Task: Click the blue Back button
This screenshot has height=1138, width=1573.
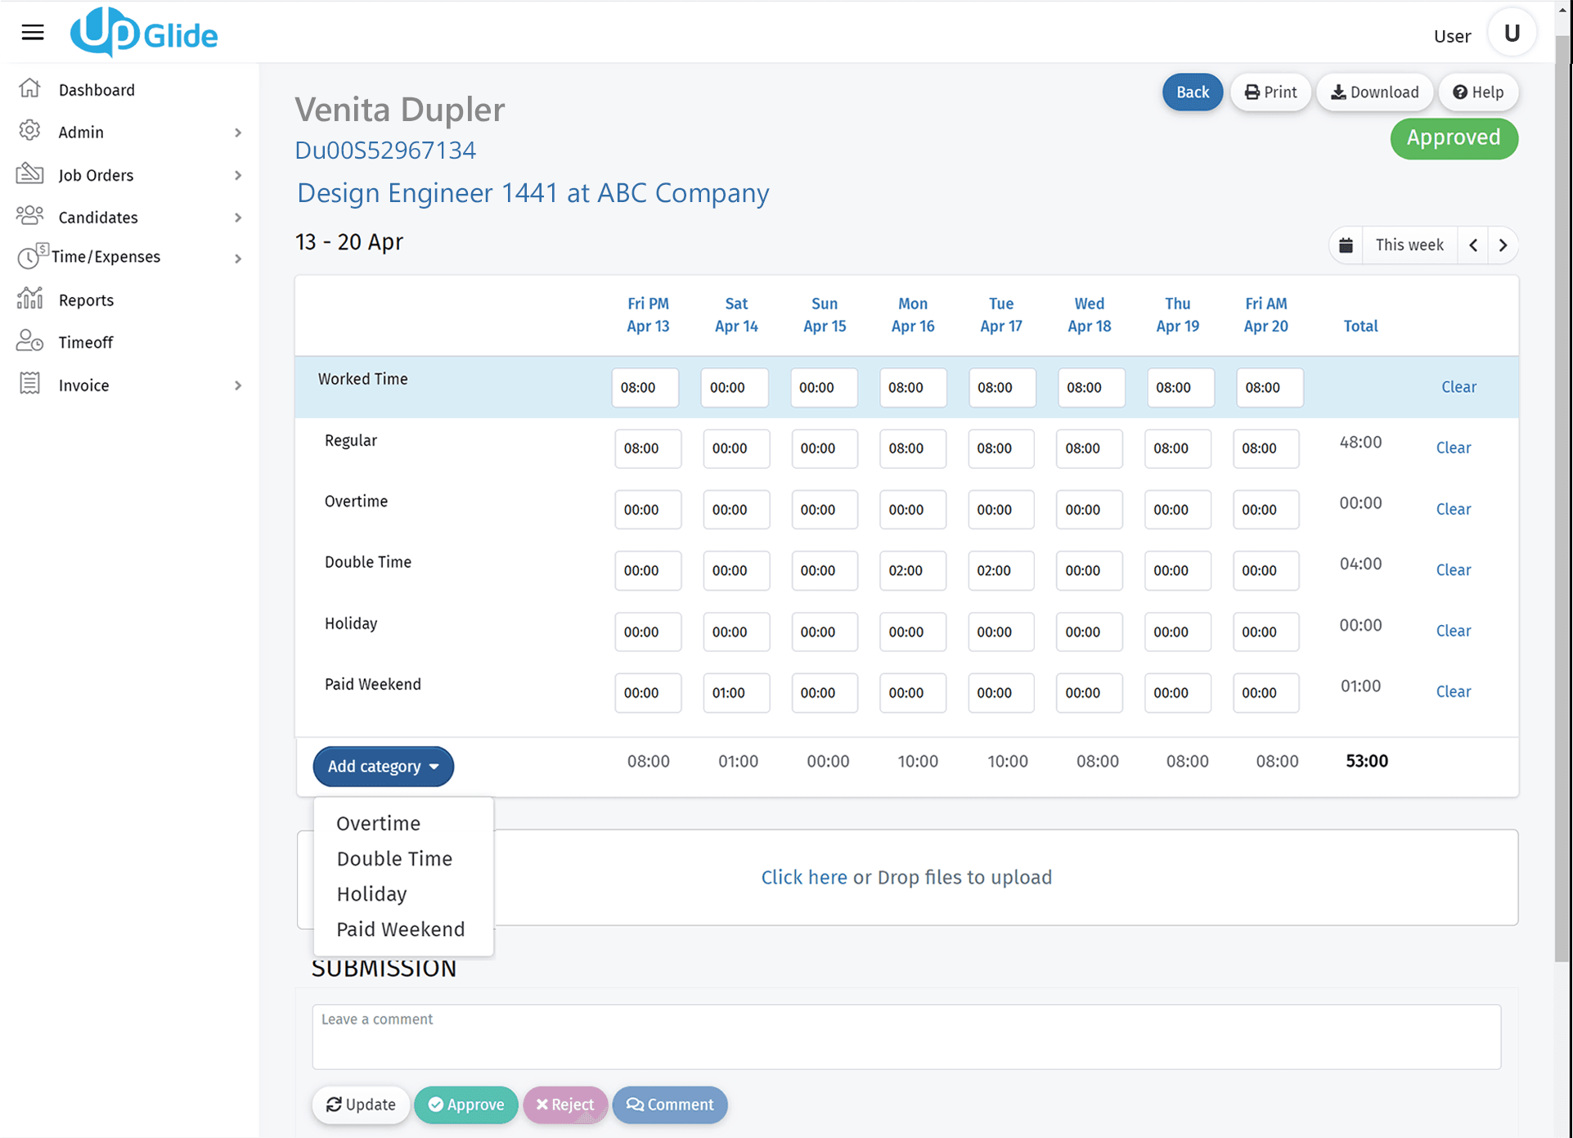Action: [1192, 92]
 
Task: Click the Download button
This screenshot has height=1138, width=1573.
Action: [1374, 92]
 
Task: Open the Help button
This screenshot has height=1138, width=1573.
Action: [1478, 92]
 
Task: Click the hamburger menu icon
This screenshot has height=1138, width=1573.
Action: [33, 33]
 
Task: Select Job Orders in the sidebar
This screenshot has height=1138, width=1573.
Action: [96, 175]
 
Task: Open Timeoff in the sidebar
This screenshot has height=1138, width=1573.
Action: [85, 342]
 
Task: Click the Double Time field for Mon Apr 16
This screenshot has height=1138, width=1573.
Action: [912, 570]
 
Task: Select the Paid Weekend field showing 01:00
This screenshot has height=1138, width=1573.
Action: [735, 693]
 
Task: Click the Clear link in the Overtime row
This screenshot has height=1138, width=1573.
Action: [1453, 509]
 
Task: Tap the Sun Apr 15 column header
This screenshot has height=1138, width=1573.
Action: [824, 315]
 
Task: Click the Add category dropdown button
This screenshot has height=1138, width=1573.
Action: [383, 767]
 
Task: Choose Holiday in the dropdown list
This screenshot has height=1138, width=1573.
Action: [371, 894]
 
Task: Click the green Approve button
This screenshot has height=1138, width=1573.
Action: [465, 1104]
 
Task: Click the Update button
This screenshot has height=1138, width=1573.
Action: [361, 1104]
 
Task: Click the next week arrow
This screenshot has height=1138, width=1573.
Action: [1503, 245]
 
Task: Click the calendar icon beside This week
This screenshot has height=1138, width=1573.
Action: [1346, 245]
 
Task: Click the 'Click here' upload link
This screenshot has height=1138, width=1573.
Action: [803, 877]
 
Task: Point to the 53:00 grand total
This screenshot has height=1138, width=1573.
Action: [1366, 761]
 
